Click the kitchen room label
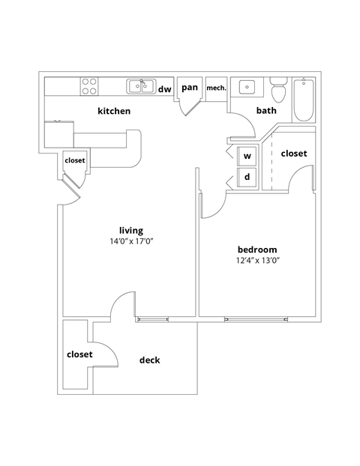point(114,111)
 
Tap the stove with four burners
point(89,86)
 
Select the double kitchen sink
point(140,86)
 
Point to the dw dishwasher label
point(164,89)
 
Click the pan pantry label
point(190,88)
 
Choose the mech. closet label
point(216,88)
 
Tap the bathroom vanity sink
point(247,88)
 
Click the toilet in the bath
point(277,92)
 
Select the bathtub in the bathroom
point(304,100)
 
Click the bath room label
point(266,111)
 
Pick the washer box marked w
point(247,157)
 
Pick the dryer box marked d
point(247,178)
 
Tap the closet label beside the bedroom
point(293,154)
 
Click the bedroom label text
point(257,249)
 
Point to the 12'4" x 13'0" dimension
point(257,261)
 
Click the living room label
point(131,230)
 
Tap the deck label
point(149,360)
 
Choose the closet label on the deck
point(79,354)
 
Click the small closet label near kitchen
point(75,160)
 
